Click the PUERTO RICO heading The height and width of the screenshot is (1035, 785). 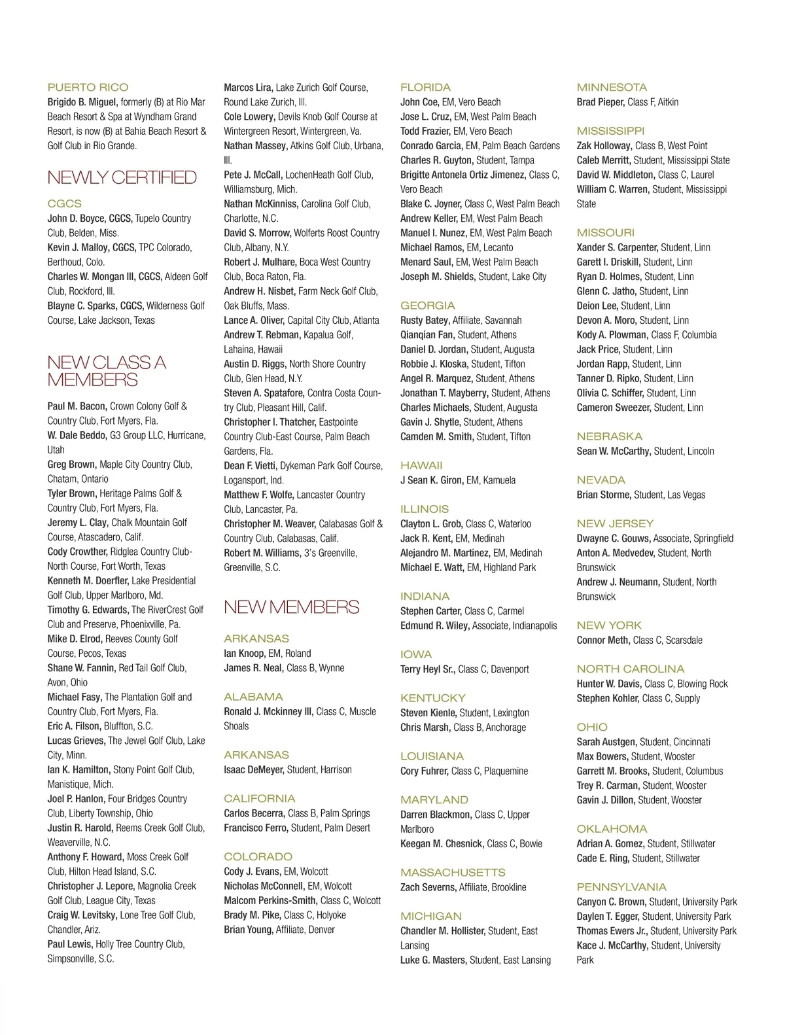pyautogui.click(x=88, y=87)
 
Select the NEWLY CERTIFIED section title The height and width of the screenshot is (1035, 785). pyautogui.click(x=122, y=177)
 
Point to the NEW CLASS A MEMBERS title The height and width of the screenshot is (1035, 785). pyautogui.click(x=106, y=371)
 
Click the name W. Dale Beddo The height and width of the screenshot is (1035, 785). pyautogui.click(x=77, y=436)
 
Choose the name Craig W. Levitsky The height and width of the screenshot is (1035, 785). pyautogui.click(x=82, y=915)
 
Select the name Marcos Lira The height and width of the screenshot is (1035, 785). pyautogui.click(x=248, y=88)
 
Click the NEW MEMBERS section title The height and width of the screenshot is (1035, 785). pyautogui.click(x=291, y=607)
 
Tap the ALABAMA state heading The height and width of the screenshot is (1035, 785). pyautogui.click(x=253, y=697)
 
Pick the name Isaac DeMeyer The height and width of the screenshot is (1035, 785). pyautogui.click(x=254, y=770)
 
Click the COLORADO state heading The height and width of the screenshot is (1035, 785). pyautogui.click(x=258, y=856)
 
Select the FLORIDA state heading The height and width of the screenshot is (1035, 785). pyautogui.click(x=425, y=87)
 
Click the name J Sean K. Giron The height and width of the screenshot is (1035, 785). pyautogui.click(x=431, y=480)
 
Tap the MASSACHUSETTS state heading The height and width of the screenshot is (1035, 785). pyautogui.click(x=453, y=872)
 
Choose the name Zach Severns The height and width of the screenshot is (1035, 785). pyautogui.click(x=428, y=887)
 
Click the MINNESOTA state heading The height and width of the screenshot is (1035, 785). pyautogui.click(x=612, y=87)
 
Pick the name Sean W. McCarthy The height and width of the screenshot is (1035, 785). pyautogui.click(x=614, y=451)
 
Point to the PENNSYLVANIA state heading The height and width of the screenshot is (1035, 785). pyautogui.click(x=621, y=887)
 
